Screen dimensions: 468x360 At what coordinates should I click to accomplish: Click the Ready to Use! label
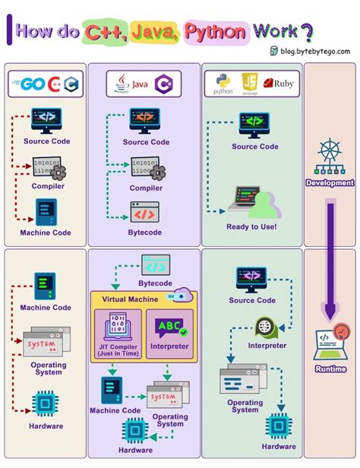tap(251, 226)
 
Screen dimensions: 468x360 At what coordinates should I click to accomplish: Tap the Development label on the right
tap(329, 183)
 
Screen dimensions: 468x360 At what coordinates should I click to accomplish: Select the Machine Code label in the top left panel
tap(46, 232)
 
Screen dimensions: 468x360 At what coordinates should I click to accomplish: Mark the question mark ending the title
tap(306, 32)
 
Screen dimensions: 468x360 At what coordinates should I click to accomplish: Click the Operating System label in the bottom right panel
tap(245, 406)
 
